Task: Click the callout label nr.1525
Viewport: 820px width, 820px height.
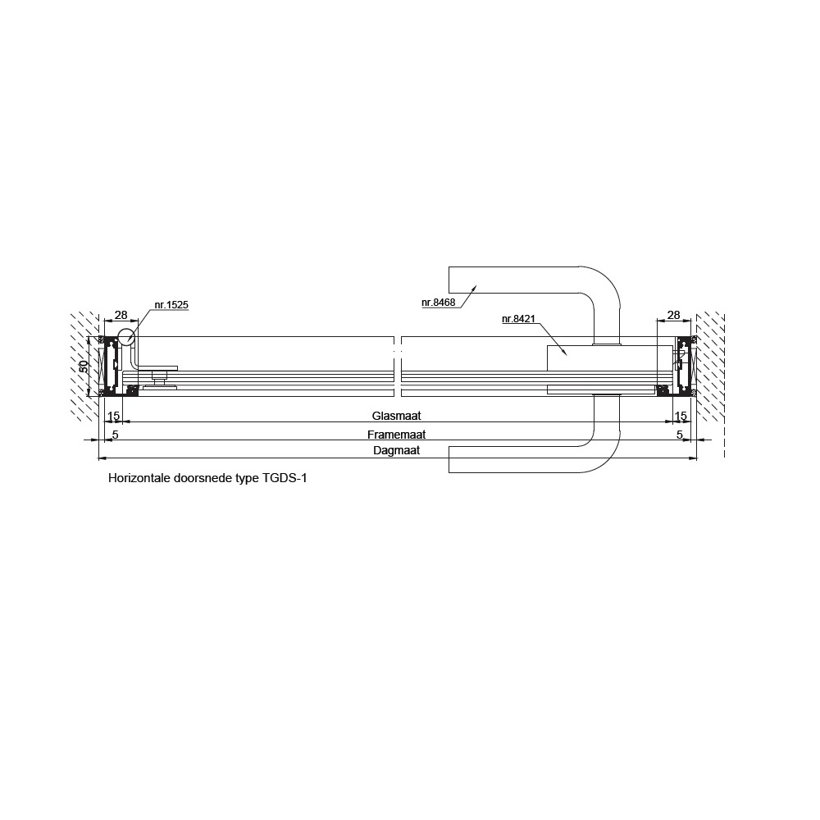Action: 171,305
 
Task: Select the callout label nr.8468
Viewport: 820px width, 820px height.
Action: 438,303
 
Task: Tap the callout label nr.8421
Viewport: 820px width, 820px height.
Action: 518,319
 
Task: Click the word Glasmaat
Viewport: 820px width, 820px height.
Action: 396,416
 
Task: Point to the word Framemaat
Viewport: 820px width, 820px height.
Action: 396,435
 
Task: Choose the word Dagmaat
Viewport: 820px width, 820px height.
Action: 396,451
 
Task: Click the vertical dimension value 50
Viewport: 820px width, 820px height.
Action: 84,366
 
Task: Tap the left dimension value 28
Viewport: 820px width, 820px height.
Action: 121,315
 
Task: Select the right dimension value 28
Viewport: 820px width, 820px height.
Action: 674,315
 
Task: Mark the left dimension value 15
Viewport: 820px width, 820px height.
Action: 113,417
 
